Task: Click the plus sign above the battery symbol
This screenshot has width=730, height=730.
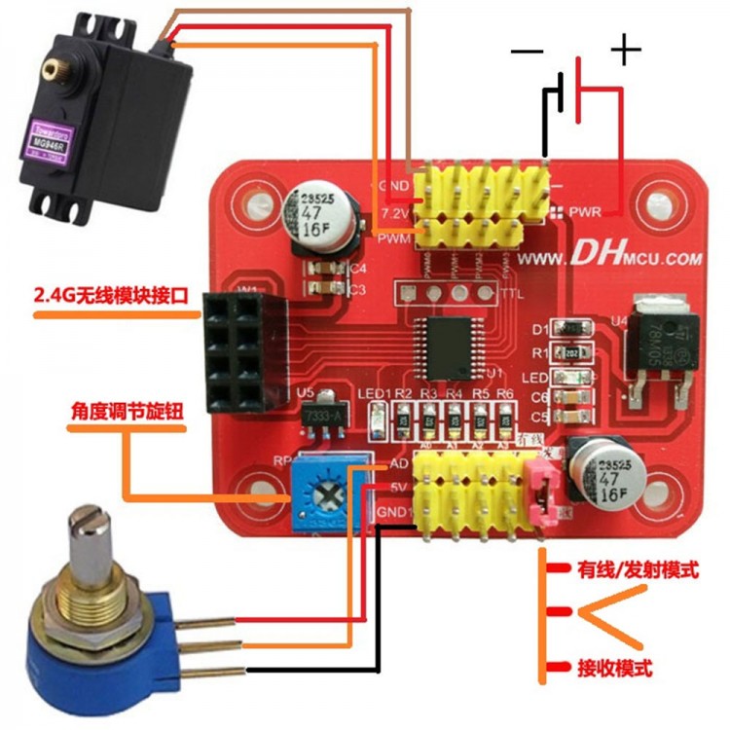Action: (x=625, y=49)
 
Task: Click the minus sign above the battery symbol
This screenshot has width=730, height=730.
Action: (x=526, y=54)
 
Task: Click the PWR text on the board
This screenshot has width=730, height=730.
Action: (x=584, y=210)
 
